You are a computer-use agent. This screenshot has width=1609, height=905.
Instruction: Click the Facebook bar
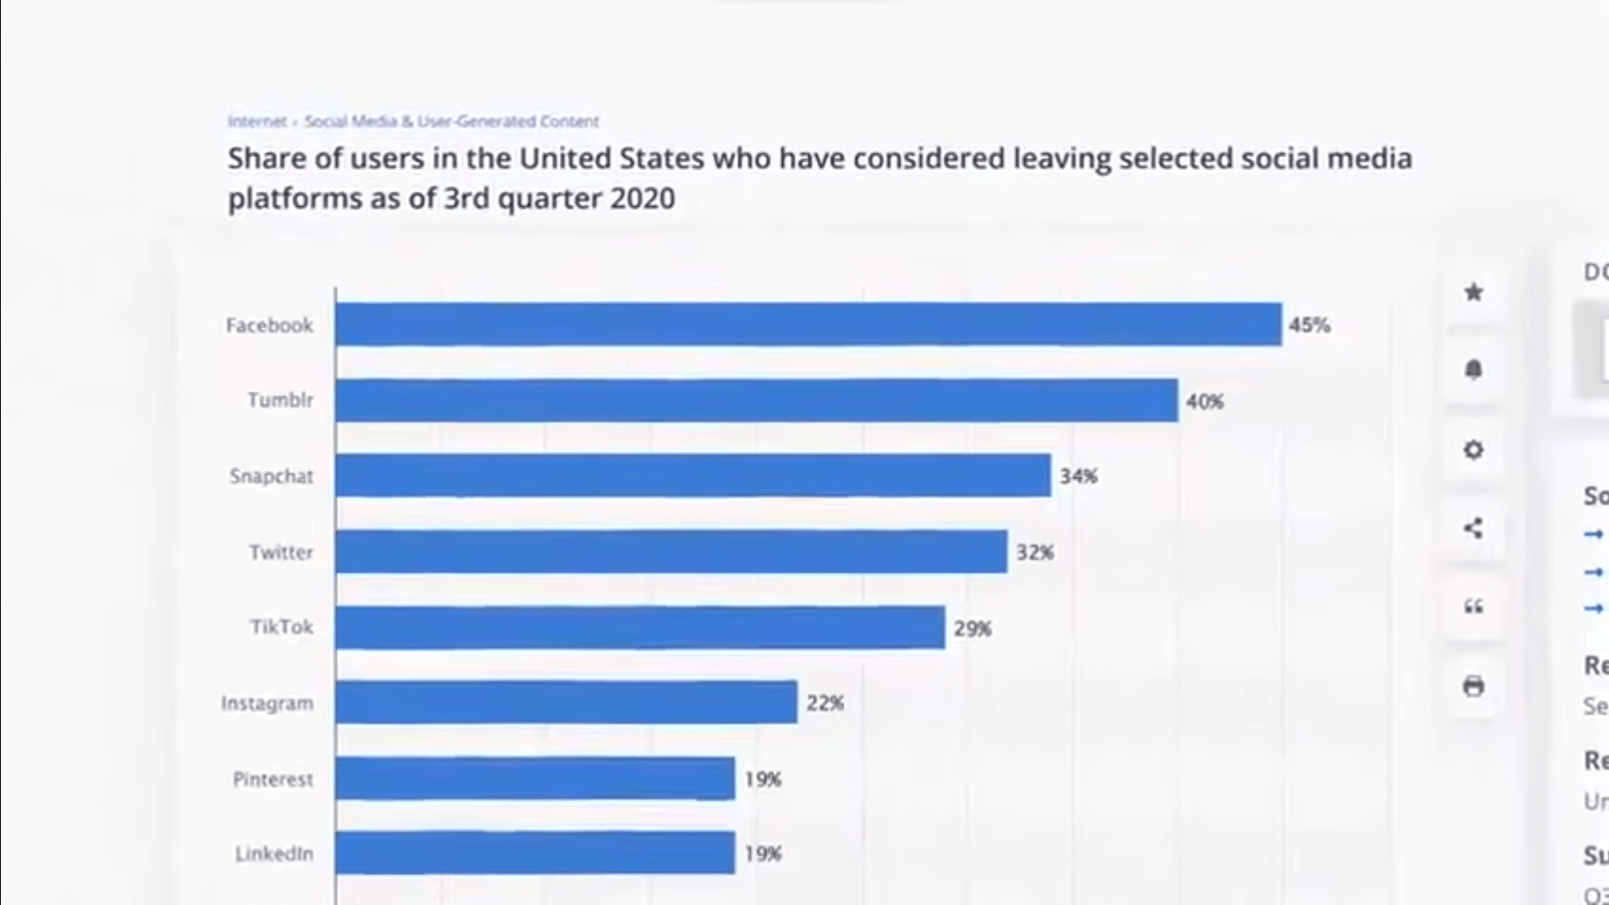click(808, 324)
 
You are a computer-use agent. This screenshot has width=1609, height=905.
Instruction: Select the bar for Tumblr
click(756, 401)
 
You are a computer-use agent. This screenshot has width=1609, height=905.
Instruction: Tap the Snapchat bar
click(692, 476)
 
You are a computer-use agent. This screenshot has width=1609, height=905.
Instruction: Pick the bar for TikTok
click(639, 628)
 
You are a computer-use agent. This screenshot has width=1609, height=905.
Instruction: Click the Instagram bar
click(566, 702)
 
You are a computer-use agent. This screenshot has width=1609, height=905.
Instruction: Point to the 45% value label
click(1309, 325)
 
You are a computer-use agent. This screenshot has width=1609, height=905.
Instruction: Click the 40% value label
click(1204, 402)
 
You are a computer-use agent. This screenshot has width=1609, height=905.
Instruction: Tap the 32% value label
click(1035, 553)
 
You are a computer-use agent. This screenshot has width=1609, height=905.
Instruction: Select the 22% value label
click(825, 704)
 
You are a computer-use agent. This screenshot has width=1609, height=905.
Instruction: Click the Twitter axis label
click(281, 552)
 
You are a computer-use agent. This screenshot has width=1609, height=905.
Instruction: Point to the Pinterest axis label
click(273, 779)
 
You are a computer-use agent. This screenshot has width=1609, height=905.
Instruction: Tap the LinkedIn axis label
click(274, 854)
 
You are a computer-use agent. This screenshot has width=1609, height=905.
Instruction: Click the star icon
click(1473, 292)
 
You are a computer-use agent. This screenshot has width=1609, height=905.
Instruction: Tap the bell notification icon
click(1473, 370)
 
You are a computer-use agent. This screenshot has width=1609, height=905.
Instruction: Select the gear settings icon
click(1473, 450)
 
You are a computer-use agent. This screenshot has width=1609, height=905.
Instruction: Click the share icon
click(1473, 528)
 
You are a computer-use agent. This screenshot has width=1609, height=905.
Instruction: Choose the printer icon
click(1473, 686)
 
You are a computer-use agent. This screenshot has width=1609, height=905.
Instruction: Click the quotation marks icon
click(1473, 607)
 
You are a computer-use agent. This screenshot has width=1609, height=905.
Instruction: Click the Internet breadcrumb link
click(256, 122)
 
